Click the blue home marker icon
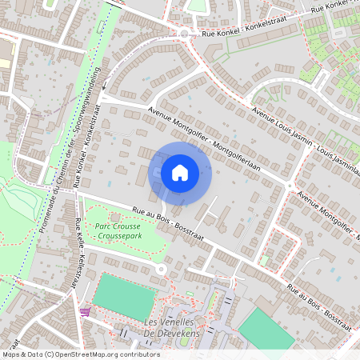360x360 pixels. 180,172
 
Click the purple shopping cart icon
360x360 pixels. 85,311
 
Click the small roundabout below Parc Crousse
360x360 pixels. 162,270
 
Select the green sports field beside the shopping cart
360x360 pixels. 124,297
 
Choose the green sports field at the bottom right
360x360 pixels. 266,329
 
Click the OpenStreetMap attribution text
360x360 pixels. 81,354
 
